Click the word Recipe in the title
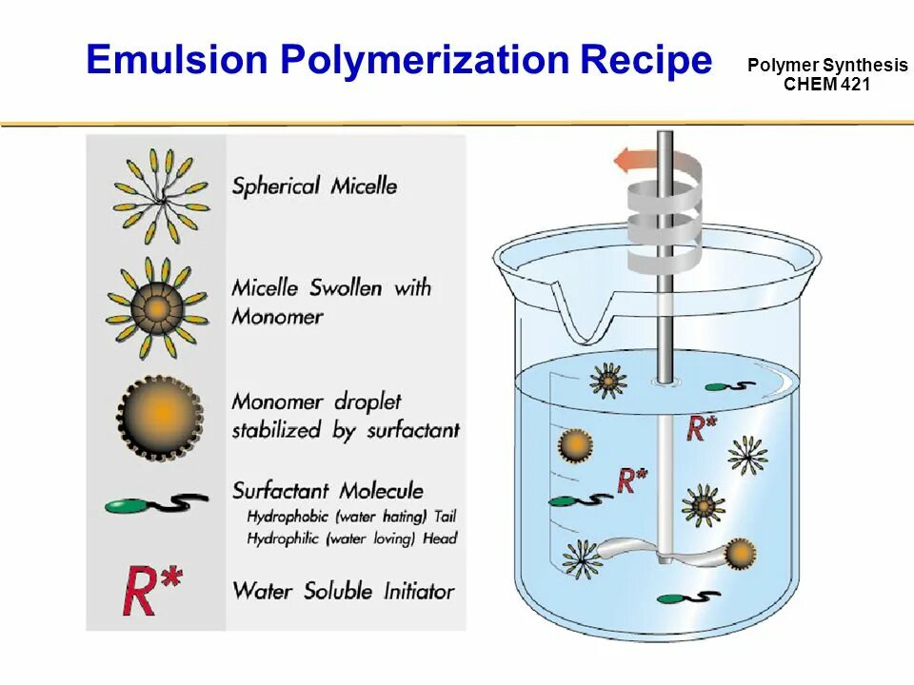pyautogui.click(x=647, y=60)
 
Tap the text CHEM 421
pyautogui.click(x=826, y=84)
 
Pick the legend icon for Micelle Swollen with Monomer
pyautogui.click(x=156, y=306)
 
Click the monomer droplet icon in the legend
pyautogui.click(x=160, y=415)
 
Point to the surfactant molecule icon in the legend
pyautogui.click(x=156, y=504)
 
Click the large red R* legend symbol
pyautogui.click(x=152, y=590)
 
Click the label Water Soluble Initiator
pyautogui.click(x=343, y=591)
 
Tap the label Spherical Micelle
pyautogui.click(x=314, y=185)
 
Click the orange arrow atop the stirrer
pyautogui.click(x=631, y=159)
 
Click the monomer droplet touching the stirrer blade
pyautogui.click(x=740, y=554)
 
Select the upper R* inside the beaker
pyautogui.click(x=702, y=428)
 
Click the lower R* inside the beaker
pyautogui.click(x=631, y=479)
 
